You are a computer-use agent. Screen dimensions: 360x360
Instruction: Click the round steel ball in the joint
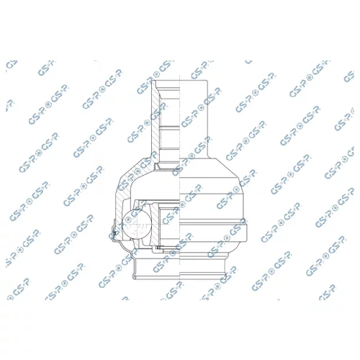[137, 224]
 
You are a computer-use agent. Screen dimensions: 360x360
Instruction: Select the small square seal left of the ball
[114, 233]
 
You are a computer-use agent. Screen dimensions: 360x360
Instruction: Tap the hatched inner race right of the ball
[155, 224]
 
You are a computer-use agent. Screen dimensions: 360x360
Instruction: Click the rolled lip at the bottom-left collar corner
[135, 277]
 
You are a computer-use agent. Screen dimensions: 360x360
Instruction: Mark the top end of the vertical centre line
[180, 75]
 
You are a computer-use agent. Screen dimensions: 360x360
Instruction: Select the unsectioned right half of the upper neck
[194, 119]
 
